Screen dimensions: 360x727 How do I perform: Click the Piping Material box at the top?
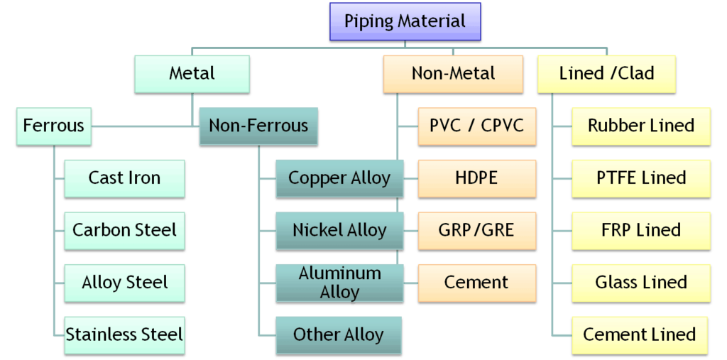coord(405,21)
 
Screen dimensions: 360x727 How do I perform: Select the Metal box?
coord(192,73)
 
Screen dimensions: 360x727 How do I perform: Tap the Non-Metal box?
coord(453,73)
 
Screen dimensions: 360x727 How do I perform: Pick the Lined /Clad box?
coord(606,73)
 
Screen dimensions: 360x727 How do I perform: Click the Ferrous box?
coord(53,126)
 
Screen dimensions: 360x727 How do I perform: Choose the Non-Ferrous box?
coord(258,126)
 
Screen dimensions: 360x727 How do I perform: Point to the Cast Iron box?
coord(124,178)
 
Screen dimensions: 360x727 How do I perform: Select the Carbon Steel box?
coord(124,230)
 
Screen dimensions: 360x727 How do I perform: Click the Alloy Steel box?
coord(124,282)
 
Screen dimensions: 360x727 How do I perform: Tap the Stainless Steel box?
coord(124,334)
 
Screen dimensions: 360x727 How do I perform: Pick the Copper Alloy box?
coord(339,178)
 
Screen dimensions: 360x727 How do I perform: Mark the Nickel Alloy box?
coord(339,230)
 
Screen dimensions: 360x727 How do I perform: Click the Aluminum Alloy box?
coord(339,282)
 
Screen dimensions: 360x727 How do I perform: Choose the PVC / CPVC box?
coord(476,126)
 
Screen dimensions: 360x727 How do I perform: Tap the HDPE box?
coord(476,178)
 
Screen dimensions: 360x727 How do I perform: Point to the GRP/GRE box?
coord(476,230)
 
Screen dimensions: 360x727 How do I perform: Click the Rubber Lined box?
coord(640,126)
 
